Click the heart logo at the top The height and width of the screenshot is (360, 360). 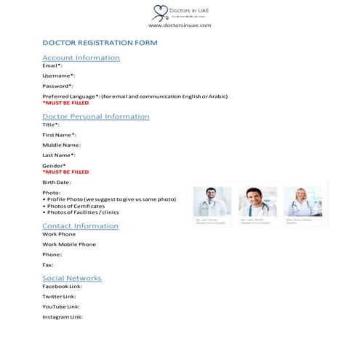(x=159, y=11)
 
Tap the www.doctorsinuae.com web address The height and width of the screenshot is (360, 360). (x=180, y=25)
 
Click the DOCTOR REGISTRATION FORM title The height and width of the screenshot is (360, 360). (x=100, y=43)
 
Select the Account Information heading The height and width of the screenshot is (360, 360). (x=81, y=57)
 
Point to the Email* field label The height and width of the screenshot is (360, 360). (x=52, y=65)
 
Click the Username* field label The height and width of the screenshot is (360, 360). (x=58, y=76)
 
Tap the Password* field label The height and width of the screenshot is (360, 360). (x=57, y=86)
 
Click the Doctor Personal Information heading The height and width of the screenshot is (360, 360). (x=96, y=116)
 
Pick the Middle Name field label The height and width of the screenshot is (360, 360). (x=61, y=145)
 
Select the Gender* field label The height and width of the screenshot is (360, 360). (x=54, y=166)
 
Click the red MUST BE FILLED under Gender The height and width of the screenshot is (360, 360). (x=65, y=172)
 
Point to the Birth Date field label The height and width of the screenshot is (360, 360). (x=57, y=182)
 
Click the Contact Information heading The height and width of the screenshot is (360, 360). (x=80, y=226)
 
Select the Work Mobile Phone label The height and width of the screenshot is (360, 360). (x=68, y=244)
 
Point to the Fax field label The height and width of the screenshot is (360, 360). (x=48, y=265)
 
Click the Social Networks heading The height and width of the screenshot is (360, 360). (x=72, y=279)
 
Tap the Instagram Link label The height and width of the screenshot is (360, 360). (x=63, y=316)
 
